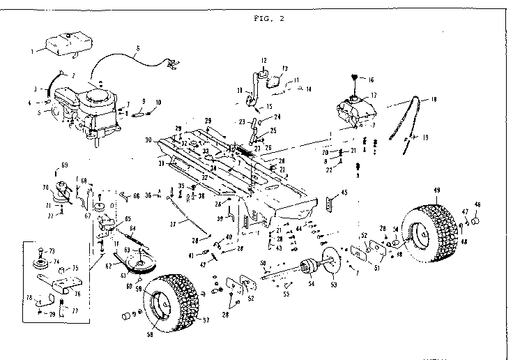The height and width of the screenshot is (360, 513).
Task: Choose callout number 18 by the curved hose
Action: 434,100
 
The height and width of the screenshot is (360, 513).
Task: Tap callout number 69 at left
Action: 65,165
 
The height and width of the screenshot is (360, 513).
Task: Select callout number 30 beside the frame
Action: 148,140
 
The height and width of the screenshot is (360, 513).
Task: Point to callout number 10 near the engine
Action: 158,102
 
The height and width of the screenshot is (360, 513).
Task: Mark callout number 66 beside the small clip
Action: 137,196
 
